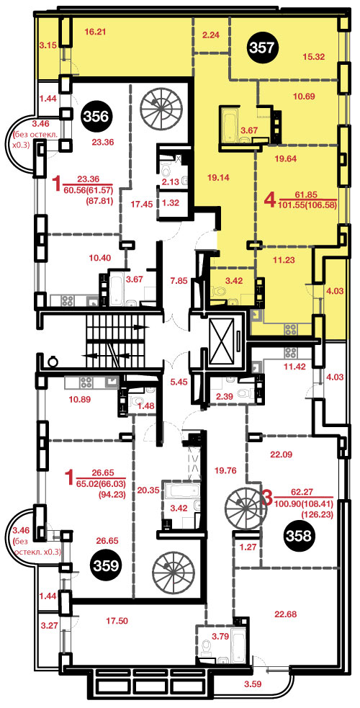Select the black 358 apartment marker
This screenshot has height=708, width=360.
click(x=300, y=536)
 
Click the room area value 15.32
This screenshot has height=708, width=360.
click(x=314, y=56)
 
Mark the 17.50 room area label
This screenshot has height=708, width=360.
click(x=117, y=621)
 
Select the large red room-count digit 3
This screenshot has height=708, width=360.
click(x=267, y=498)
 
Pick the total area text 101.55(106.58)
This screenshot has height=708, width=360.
click(x=309, y=205)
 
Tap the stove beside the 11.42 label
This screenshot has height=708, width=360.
click(x=290, y=352)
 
